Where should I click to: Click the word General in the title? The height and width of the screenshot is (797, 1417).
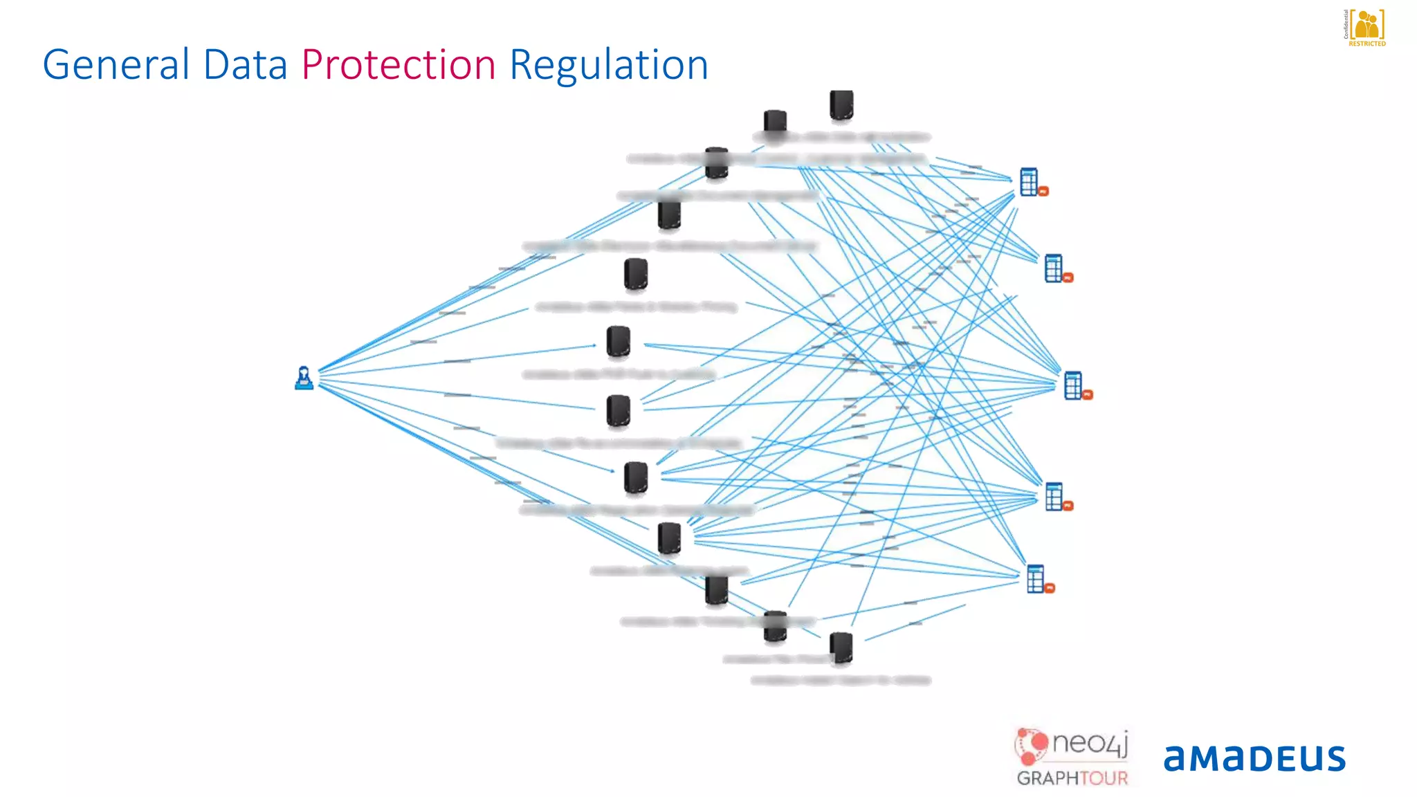point(116,65)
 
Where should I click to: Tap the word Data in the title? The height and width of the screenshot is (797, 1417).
point(245,65)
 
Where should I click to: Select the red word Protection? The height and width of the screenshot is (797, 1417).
point(399,65)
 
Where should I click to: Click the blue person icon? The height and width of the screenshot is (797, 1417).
point(304,378)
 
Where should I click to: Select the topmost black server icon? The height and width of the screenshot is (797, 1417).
point(841,104)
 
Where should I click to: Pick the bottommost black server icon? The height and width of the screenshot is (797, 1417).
point(841,648)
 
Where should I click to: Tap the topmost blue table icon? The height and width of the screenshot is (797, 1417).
point(1030,182)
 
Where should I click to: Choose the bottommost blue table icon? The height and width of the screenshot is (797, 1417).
point(1036,579)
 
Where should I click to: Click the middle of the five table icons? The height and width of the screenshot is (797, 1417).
point(1073,385)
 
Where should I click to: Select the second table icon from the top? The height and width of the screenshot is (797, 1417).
point(1054,268)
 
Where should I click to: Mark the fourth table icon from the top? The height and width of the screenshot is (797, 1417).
point(1054,497)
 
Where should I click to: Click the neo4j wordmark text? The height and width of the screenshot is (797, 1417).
point(1090,744)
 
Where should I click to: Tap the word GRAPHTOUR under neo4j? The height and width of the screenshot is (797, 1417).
point(1072,778)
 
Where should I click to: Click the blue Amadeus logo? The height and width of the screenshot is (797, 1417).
point(1254,758)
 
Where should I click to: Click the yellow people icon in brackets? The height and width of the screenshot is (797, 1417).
point(1366,25)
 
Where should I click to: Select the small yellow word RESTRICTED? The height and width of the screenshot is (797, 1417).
point(1367,44)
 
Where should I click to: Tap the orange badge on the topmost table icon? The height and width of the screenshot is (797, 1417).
point(1043,192)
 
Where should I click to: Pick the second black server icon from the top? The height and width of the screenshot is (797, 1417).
point(775,123)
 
